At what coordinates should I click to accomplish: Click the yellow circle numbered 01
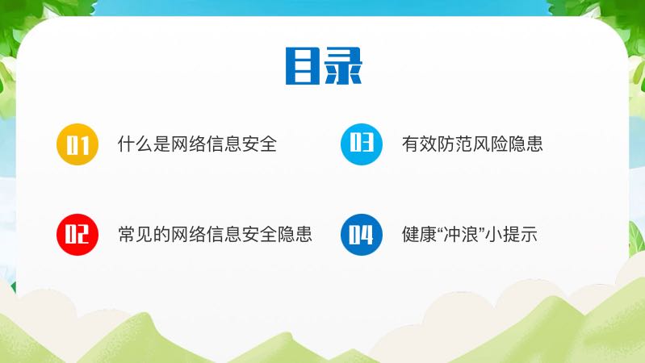point(77,144)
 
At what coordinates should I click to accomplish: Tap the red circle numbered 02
point(77,235)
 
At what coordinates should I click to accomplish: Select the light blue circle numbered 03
point(362,144)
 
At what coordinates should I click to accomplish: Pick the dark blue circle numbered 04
point(362,235)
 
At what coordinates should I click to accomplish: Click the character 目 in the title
point(303,66)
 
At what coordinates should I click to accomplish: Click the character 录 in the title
point(343,66)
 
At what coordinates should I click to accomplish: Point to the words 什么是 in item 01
point(144,144)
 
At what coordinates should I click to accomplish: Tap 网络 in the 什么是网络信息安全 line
point(188,144)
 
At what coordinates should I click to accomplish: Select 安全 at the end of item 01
point(259,144)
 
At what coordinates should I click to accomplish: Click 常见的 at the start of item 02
point(144,234)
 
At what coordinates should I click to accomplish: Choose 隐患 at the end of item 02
point(295,234)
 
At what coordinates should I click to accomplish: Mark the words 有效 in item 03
point(420,144)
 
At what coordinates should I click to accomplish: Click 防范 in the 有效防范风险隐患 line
point(455,144)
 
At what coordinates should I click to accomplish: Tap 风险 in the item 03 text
point(490,144)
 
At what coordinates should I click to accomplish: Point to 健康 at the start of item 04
point(420,234)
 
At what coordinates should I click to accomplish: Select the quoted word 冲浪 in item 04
point(461,234)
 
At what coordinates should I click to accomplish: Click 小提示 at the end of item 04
point(511,234)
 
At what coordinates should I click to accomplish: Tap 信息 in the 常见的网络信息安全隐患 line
point(224,234)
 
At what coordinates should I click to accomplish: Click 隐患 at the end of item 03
point(526,144)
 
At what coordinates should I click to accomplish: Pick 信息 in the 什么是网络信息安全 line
point(224,144)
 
